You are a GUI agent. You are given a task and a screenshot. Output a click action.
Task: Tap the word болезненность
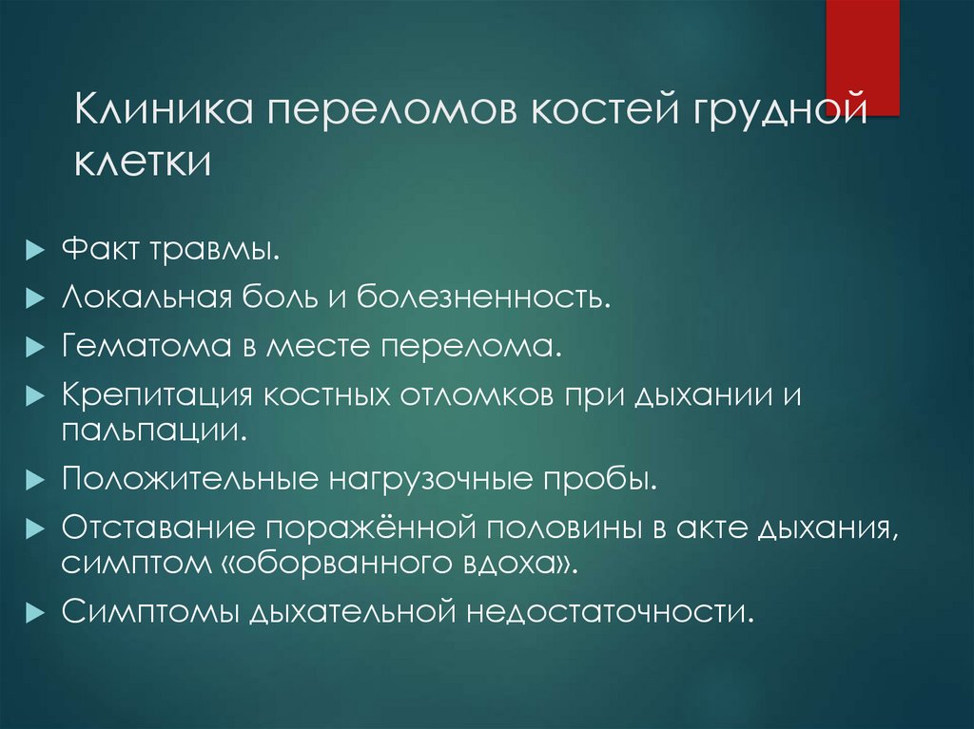(483, 299)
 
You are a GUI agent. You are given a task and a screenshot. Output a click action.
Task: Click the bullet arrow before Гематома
(35, 345)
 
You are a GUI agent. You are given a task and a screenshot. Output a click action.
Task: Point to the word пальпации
(154, 429)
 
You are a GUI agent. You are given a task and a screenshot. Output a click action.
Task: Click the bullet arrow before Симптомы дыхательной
(35, 610)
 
